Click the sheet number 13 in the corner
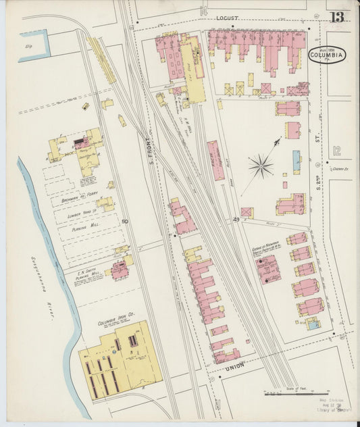[x=337, y=17]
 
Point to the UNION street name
[x=235, y=366]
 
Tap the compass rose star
[x=261, y=164]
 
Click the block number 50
[x=124, y=221]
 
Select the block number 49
[x=236, y=220]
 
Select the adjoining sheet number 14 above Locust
[x=203, y=10]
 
